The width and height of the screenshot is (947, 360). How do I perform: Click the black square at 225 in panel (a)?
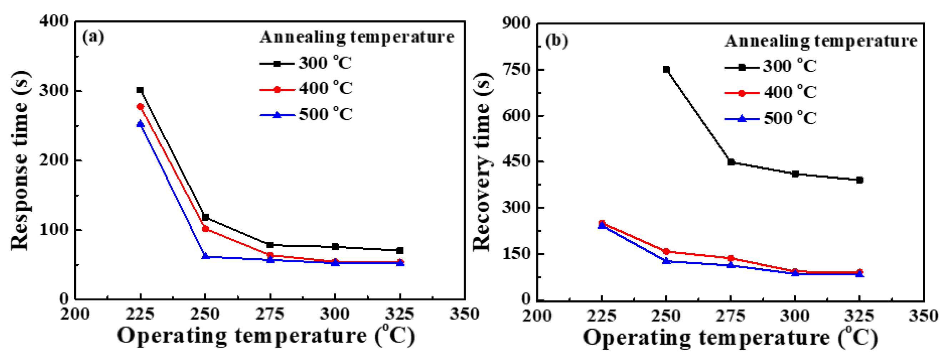[x=140, y=90]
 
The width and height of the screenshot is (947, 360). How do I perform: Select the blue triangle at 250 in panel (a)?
[x=205, y=256]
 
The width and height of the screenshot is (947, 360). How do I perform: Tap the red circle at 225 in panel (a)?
[x=140, y=107]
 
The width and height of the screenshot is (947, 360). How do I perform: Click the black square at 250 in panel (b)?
[x=666, y=70]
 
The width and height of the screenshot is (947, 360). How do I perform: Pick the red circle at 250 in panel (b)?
[x=666, y=252]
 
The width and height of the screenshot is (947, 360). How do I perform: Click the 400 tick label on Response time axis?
[x=54, y=22]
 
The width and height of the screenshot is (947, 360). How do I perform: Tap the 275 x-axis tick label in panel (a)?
[x=270, y=314]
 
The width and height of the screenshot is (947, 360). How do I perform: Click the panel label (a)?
[x=93, y=37]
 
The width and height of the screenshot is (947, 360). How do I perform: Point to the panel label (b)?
[x=557, y=40]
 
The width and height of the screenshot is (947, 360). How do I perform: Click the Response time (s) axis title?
[x=20, y=161]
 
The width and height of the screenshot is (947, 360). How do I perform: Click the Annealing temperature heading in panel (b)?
[x=821, y=41]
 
